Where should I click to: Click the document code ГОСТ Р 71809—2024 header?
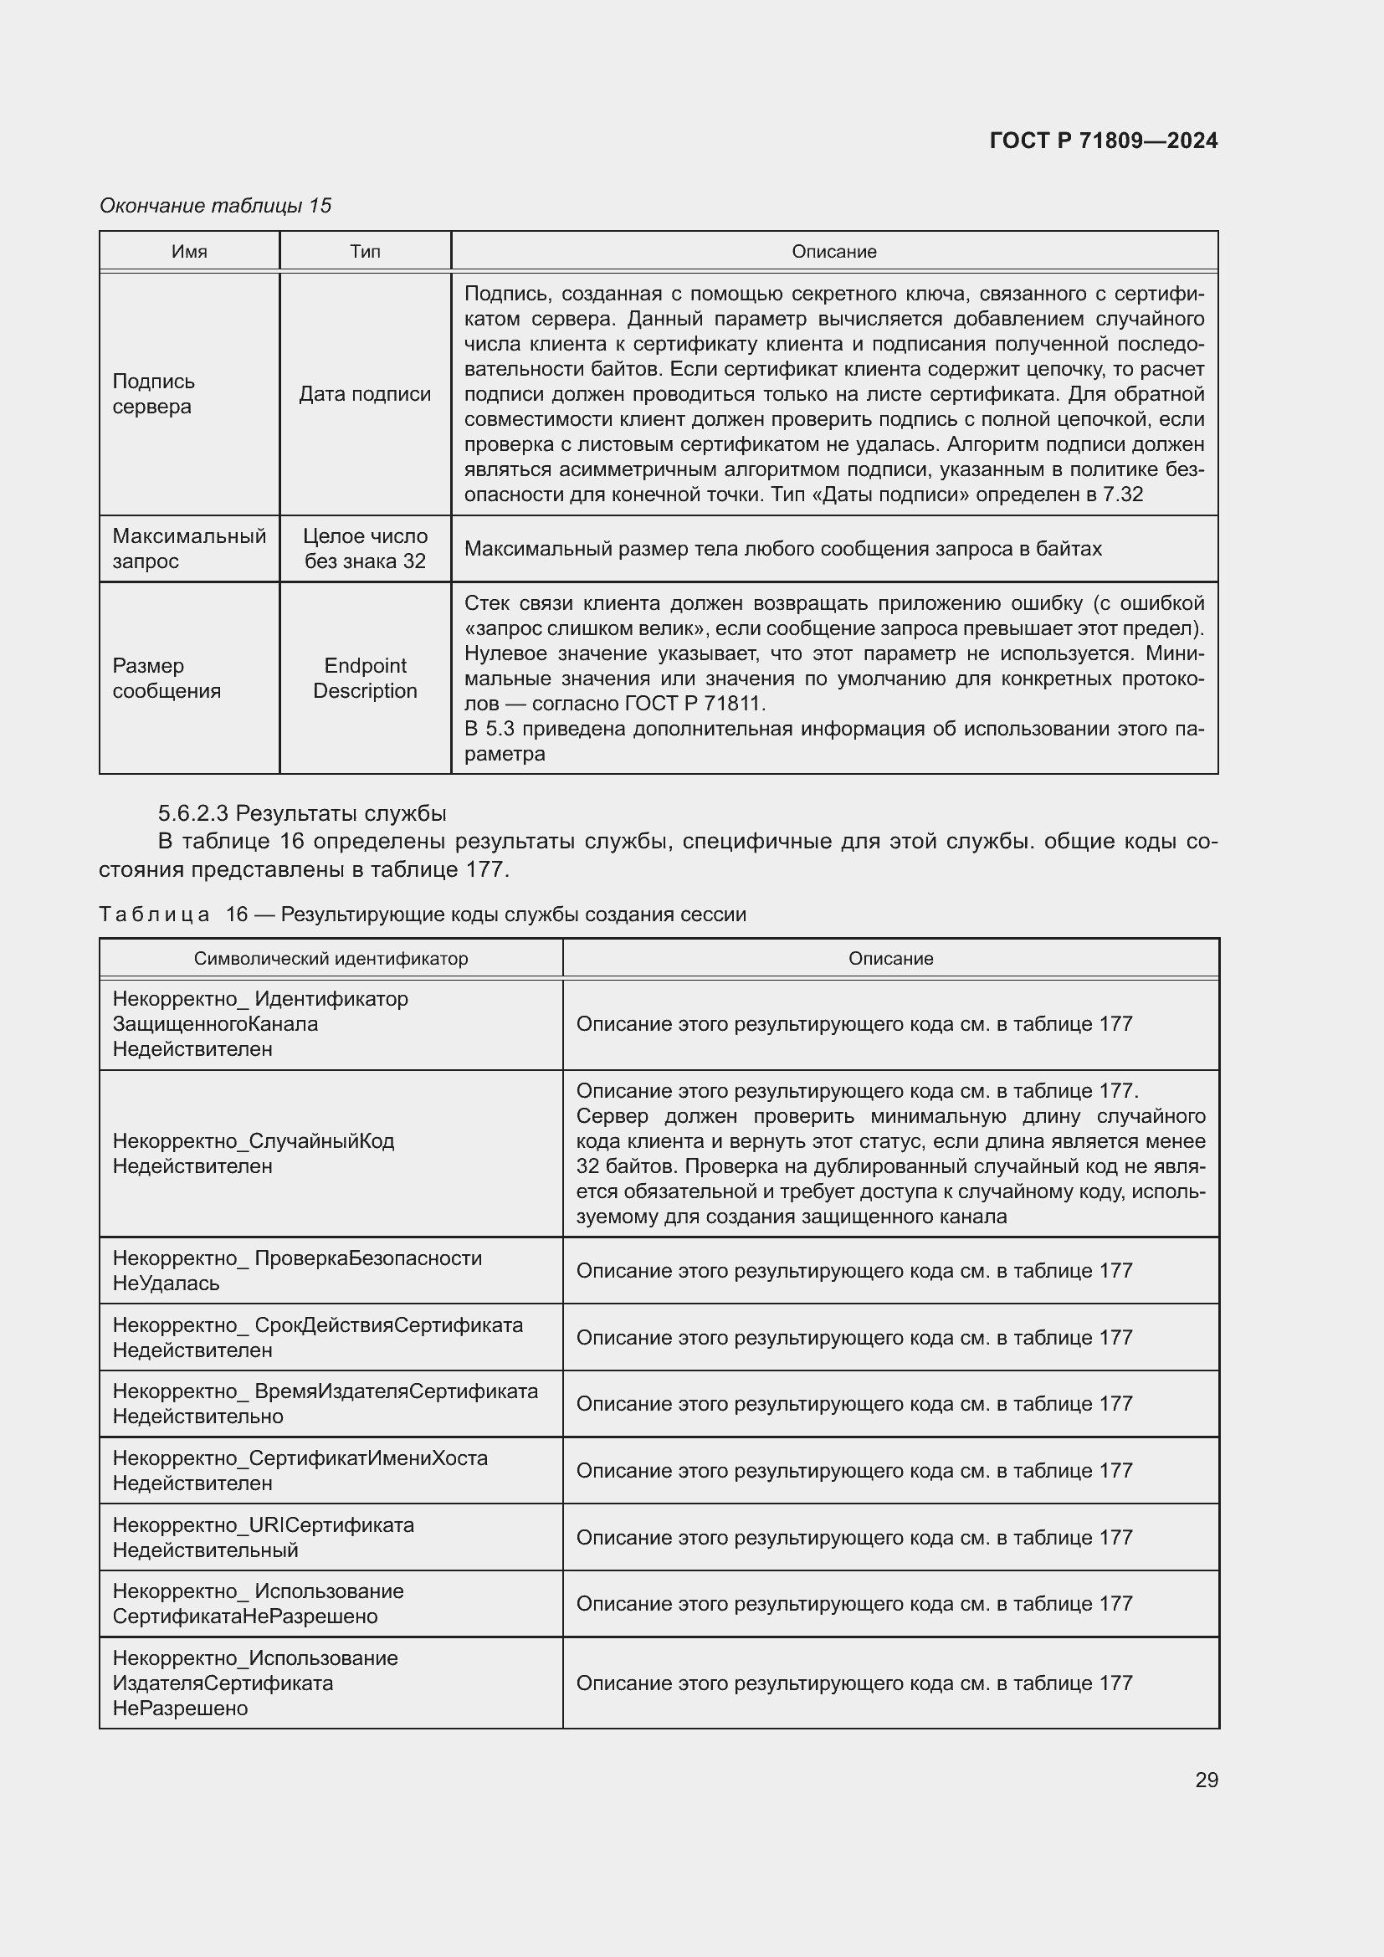click(x=1103, y=141)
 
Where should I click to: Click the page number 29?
click(x=1206, y=1780)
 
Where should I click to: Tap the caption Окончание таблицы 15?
click(x=216, y=206)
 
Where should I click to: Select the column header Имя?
click(x=189, y=252)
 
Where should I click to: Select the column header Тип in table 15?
click(x=365, y=252)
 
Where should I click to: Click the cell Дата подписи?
click(x=365, y=394)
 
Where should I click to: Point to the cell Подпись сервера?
click(x=154, y=394)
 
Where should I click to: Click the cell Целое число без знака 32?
click(x=365, y=548)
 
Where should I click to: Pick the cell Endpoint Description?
click(x=365, y=678)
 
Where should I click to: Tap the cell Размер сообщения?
click(x=167, y=678)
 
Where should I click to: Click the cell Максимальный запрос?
click(x=189, y=548)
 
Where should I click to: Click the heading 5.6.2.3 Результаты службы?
click(x=302, y=813)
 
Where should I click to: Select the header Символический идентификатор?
click(x=331, y=958)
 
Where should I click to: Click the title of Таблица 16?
click(x=423, y=914)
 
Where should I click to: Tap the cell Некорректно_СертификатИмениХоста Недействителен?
click(x=300, y=1470)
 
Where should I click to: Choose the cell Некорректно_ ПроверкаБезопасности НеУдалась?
click(x=296, y=1270)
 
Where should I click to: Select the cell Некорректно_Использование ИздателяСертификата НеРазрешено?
click(x=255, y=1683)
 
